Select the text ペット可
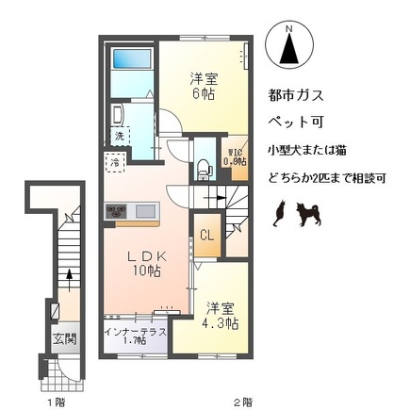(x=294, y=123)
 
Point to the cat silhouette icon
(x=279, y=217)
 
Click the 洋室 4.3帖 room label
(x=221, y=315)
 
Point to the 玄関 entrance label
(x=64, y=338)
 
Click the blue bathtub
(x=128, y=66)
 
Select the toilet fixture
(x=204, y=170)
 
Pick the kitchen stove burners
(x=119, y=212)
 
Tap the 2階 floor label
(x=243, y=401)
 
